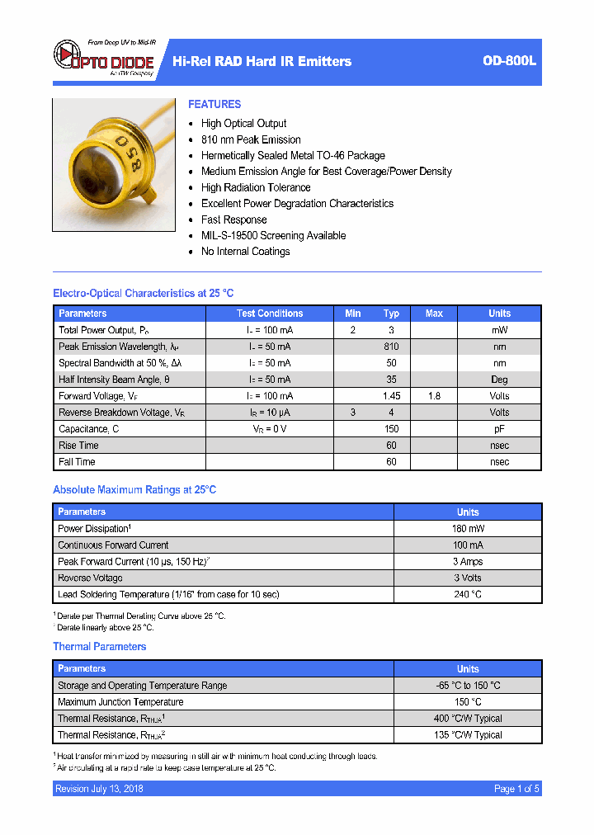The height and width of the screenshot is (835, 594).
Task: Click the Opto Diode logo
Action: tap(104, 58)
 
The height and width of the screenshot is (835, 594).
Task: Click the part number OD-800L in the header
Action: tap(509, 61)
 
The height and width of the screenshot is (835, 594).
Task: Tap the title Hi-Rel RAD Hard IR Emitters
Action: tap(262, 61)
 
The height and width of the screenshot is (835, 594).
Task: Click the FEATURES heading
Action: tap(214, 105)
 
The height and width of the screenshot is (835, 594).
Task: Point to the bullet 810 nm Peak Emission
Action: tap(251, 139)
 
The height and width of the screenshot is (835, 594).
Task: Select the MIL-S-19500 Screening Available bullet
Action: tap(273, 235)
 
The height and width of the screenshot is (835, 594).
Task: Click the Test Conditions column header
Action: tap(270, 314)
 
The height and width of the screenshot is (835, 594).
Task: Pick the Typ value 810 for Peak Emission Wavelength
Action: tap(391, 347)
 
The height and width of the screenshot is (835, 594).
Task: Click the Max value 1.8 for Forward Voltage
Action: tap(434, 396)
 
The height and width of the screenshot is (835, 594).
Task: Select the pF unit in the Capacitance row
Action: tap(499, 429)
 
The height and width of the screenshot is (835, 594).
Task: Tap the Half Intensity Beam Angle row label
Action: tap(114, 380)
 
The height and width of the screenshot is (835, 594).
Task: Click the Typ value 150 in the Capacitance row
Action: tap(391, 429)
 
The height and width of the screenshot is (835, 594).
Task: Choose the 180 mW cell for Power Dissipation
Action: tap(468, 529)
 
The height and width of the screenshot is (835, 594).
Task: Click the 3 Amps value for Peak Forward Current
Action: tap(468, 562)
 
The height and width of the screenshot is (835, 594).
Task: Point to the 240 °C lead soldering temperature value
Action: tap(468, 595)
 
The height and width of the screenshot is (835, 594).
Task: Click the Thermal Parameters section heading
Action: tap(100, 647)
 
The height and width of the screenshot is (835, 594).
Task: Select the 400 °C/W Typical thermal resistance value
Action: tap(468, 719)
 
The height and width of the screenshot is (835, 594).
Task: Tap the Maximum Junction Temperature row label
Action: tap(120, 702)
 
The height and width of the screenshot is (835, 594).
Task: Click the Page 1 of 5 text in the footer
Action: tap(516, 789)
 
